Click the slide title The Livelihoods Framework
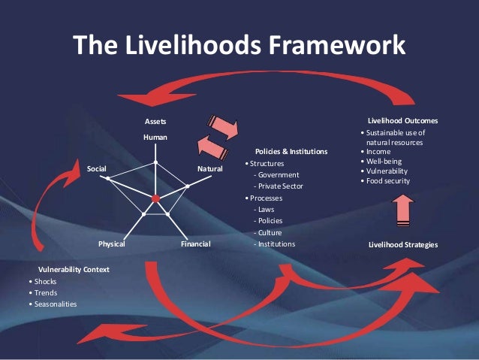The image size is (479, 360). [239, 45]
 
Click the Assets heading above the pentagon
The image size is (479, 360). [155, 121]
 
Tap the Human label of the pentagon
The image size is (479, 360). [155, 137]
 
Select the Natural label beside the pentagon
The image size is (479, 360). [210, 169]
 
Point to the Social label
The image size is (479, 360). [97, 169]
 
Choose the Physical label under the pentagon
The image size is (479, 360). [111, 244]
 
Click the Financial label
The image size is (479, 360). [195, 244]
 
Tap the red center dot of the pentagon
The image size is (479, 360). [155, 198]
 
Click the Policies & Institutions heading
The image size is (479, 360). [291, 151]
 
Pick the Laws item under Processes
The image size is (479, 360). [264, 210]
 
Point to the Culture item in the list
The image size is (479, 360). [268, 233]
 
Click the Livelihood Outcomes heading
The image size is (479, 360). [402, 120]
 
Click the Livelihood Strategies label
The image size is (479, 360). [403, 245]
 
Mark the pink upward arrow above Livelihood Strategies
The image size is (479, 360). [403, 211]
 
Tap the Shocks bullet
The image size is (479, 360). [44, 281]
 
